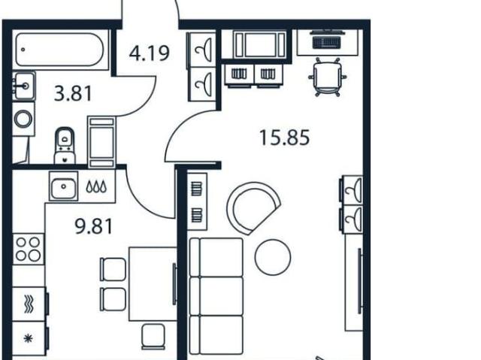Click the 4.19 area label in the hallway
coord(150,53)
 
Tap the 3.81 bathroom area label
coord(73,93)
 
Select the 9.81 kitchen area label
coord(94,226)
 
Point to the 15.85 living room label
coord(284,138)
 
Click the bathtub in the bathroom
coord(60,50)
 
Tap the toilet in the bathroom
coord(65,146)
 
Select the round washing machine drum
coord(23,119)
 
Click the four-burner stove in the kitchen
coord(29,249)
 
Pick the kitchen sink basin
coord(63,186)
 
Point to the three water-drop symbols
coord(96,186)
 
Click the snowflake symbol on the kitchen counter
coord(29,338)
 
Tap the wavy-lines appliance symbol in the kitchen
coord(29,304)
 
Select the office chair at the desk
coord(328,77)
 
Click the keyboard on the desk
coord(326,42)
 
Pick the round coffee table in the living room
coord(272,257)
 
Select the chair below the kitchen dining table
coord(153,337)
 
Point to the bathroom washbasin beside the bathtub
coord(24,86)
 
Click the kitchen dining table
coord(153,283)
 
